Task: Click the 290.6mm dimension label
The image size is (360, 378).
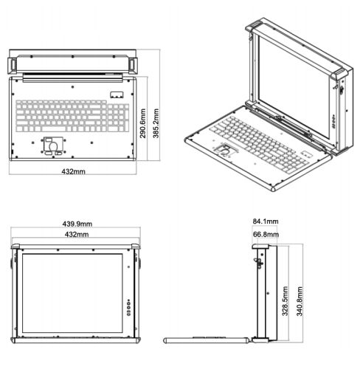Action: coord(143,123)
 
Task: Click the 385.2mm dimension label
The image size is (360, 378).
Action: coord(156,123)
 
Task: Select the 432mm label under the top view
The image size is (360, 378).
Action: coord(73,171)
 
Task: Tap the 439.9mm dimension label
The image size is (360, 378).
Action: coord(77,224)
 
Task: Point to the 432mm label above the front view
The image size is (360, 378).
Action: coord(77,234)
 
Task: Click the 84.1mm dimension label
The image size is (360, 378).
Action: coord(266,221)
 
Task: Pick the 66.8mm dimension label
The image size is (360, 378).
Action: coord(266,234)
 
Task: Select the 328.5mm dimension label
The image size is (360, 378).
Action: coord(285,301)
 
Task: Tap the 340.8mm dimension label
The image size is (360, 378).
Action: coord(300,301)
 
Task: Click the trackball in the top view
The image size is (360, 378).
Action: coord(53,146)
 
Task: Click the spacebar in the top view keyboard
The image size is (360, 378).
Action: coord(54,129)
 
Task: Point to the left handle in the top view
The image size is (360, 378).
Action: coord(13,65)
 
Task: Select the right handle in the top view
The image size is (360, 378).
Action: coord(133,65)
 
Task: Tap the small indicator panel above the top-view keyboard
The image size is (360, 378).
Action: coord(117,94)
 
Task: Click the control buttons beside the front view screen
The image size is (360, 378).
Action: coord(128,307)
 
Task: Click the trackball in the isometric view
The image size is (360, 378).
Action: coord(225,150)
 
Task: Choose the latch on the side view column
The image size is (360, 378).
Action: coord(258,263)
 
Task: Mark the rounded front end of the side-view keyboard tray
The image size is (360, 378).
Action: coord(165,340)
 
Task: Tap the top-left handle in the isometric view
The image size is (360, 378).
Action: coord(254,26)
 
